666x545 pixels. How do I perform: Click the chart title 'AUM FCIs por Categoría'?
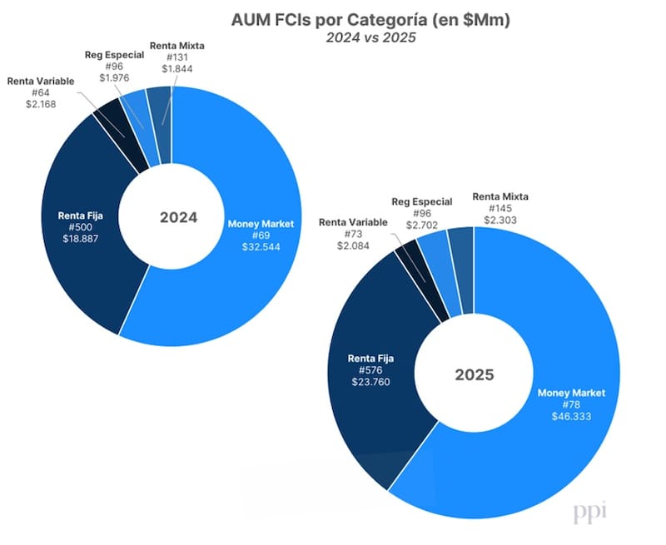pos(333,18)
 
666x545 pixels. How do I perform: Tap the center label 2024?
pos(178,218)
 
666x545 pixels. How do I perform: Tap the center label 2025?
pos(474,374)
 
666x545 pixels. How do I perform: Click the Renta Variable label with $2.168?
pos(41,81)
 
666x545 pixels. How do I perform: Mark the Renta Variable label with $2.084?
pos(353,223)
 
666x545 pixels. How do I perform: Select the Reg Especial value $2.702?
pos(422,225)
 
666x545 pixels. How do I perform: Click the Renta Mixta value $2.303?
pos(500,220)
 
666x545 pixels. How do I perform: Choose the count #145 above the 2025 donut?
pos(500,208)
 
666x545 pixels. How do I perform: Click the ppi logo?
pos(590,513)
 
